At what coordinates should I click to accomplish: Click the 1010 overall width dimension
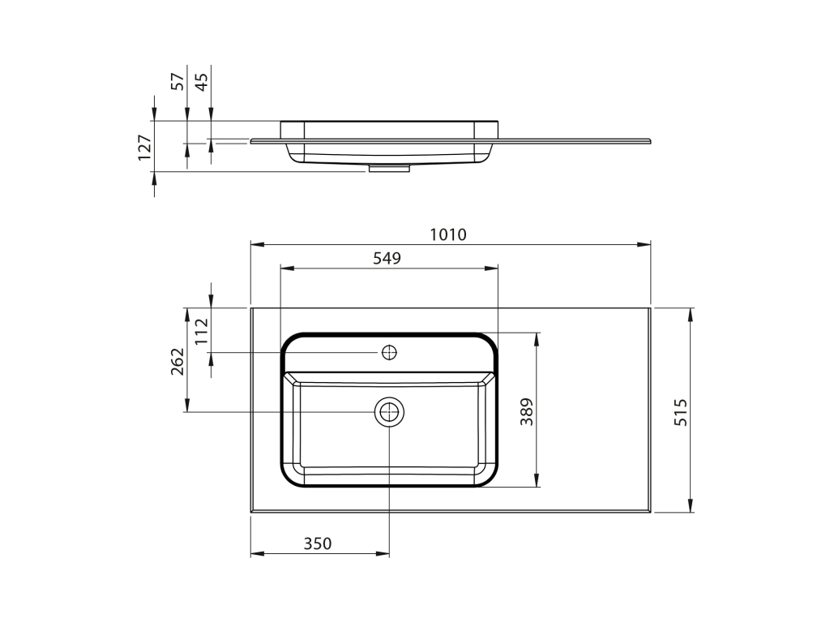(x=447, y=234)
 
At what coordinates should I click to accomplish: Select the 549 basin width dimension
(x=387, y=259)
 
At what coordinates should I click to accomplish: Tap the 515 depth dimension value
(x=681, y=412)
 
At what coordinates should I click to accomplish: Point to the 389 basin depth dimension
(x=527, y=411)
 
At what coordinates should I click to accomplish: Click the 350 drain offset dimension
(x=318, y=544)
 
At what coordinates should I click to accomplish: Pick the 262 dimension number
(x=178, y=361)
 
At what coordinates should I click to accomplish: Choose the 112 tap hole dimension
(x=202, y=331)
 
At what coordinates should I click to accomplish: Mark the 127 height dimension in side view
(x=144, y=148)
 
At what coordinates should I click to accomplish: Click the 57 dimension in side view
(x=178, y=81)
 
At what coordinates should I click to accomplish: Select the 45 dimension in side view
(x=202, y=81)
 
